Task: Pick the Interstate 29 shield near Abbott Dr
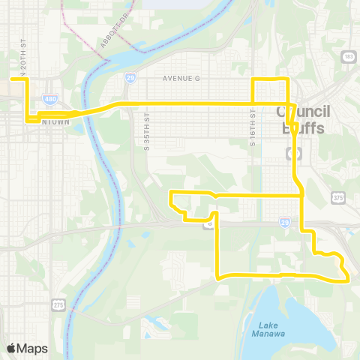click(x=130, y=76)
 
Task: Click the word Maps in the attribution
click(x=34, y=348)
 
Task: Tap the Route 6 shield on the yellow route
click(x=212, y=223)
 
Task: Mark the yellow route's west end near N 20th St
click(x=11, y=78)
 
